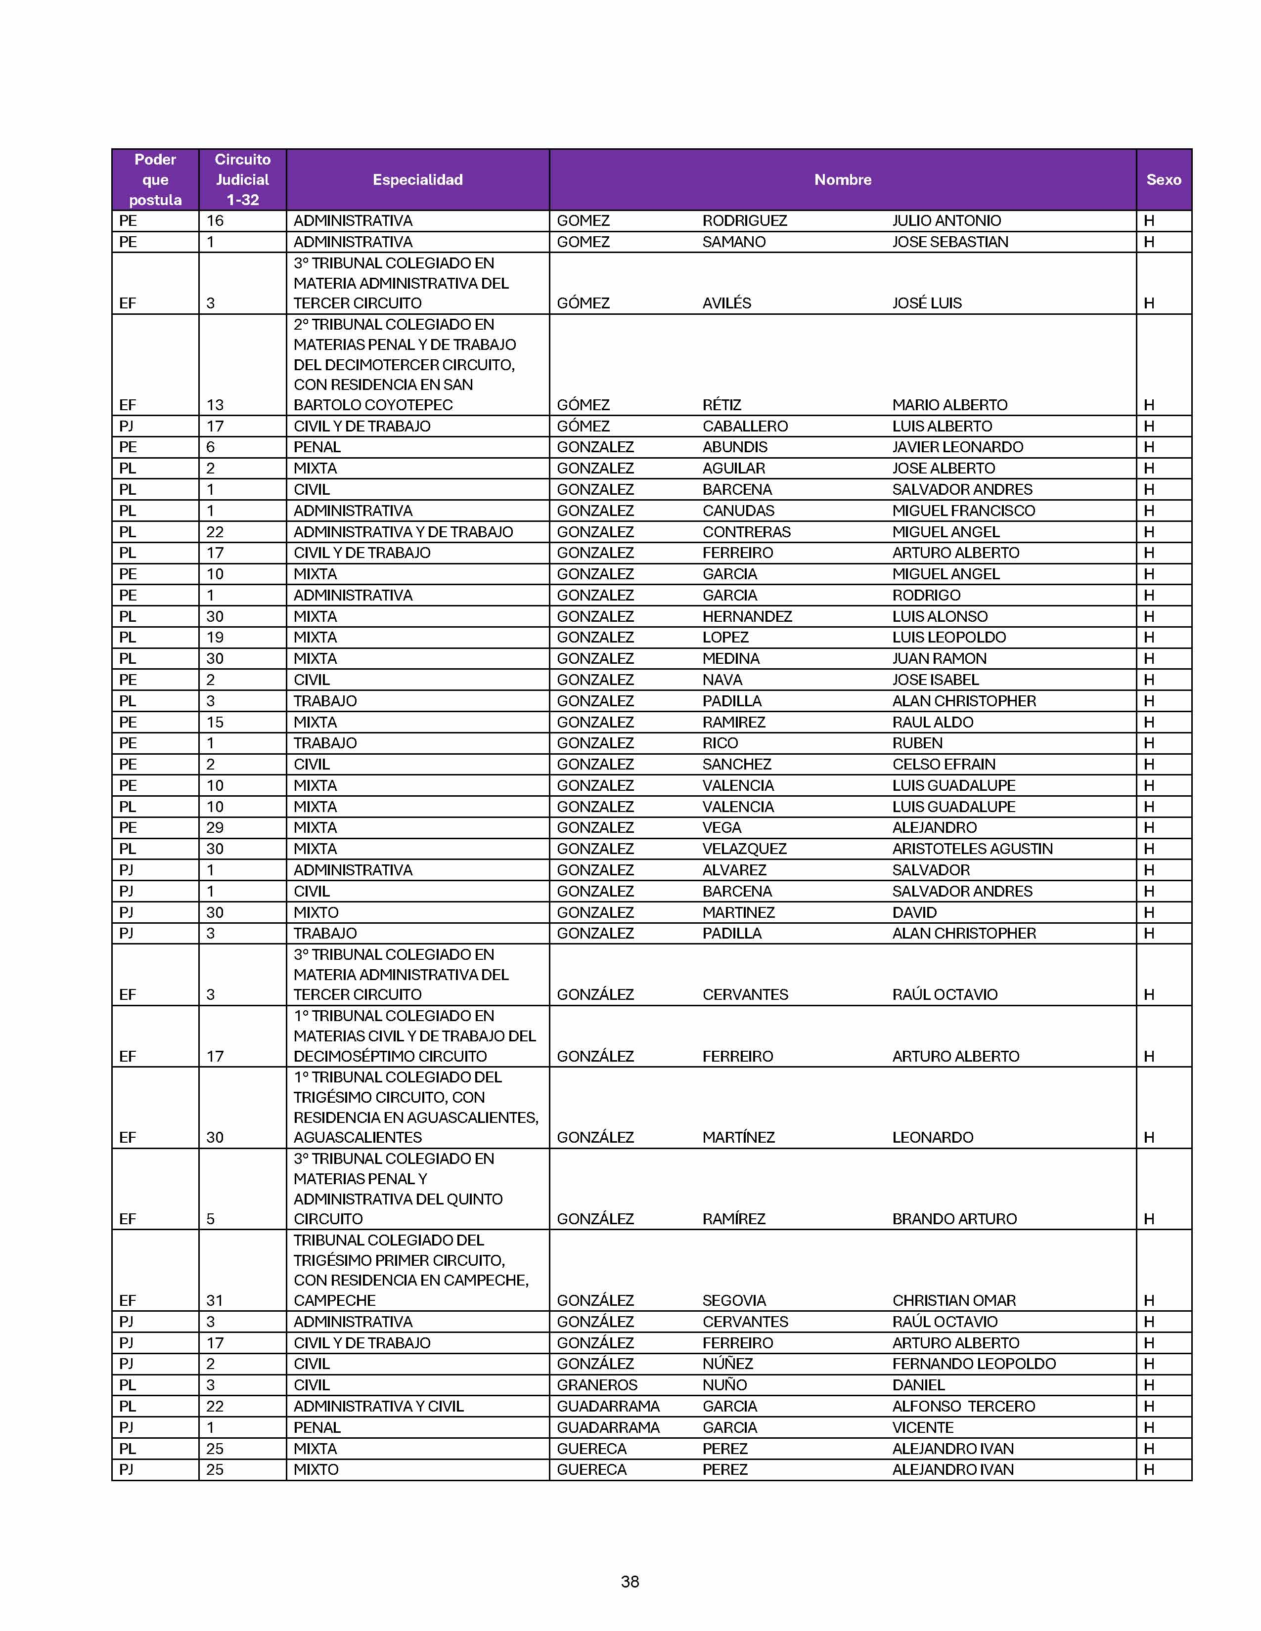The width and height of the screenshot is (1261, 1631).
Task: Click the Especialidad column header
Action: pos(417,179)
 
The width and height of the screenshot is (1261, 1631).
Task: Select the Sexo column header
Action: pos(1163,179)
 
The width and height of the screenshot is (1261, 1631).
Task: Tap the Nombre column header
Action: pos(843,179)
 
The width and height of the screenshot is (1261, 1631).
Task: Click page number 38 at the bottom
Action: pos(630,1582)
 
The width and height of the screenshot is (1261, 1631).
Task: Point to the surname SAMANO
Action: pos(733,242)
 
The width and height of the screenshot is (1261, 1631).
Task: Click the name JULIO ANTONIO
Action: pos(946,221)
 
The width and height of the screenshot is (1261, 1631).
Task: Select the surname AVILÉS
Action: pos(726,303)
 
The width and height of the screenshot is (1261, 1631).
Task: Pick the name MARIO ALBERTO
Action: pos(949,405)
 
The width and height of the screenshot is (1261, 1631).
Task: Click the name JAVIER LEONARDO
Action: pos(958,447)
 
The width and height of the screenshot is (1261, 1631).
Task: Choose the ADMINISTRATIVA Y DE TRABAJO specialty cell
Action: pos(404,532)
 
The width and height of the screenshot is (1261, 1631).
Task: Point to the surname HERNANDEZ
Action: pos(747,617)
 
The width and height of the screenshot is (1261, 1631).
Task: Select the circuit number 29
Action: pos(215,827)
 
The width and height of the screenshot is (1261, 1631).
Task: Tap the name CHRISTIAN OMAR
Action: pos(954,1300)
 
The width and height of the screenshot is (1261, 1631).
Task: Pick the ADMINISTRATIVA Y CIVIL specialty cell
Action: pos(379,1406)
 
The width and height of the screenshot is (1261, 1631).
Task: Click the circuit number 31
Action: pos(215,1300)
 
